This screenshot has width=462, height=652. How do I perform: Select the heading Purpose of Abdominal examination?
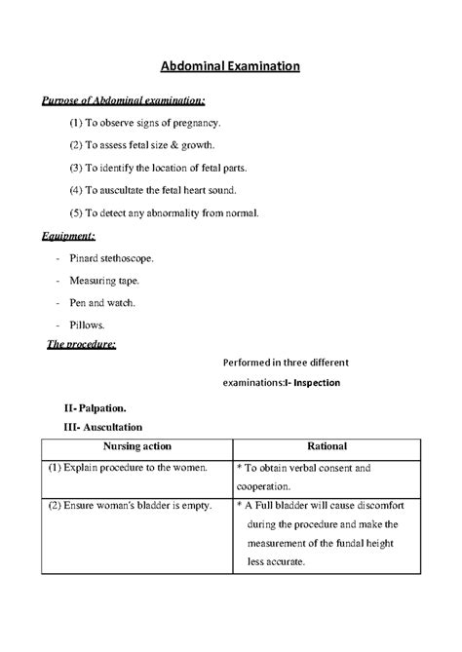tap(122, 101)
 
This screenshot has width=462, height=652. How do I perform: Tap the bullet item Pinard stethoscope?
tap(110, 258)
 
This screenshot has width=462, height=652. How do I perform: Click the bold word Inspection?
tap(313, 382)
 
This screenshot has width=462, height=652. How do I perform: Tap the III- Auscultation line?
tap(102, 427)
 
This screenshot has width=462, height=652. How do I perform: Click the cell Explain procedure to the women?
tap(129, 468)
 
